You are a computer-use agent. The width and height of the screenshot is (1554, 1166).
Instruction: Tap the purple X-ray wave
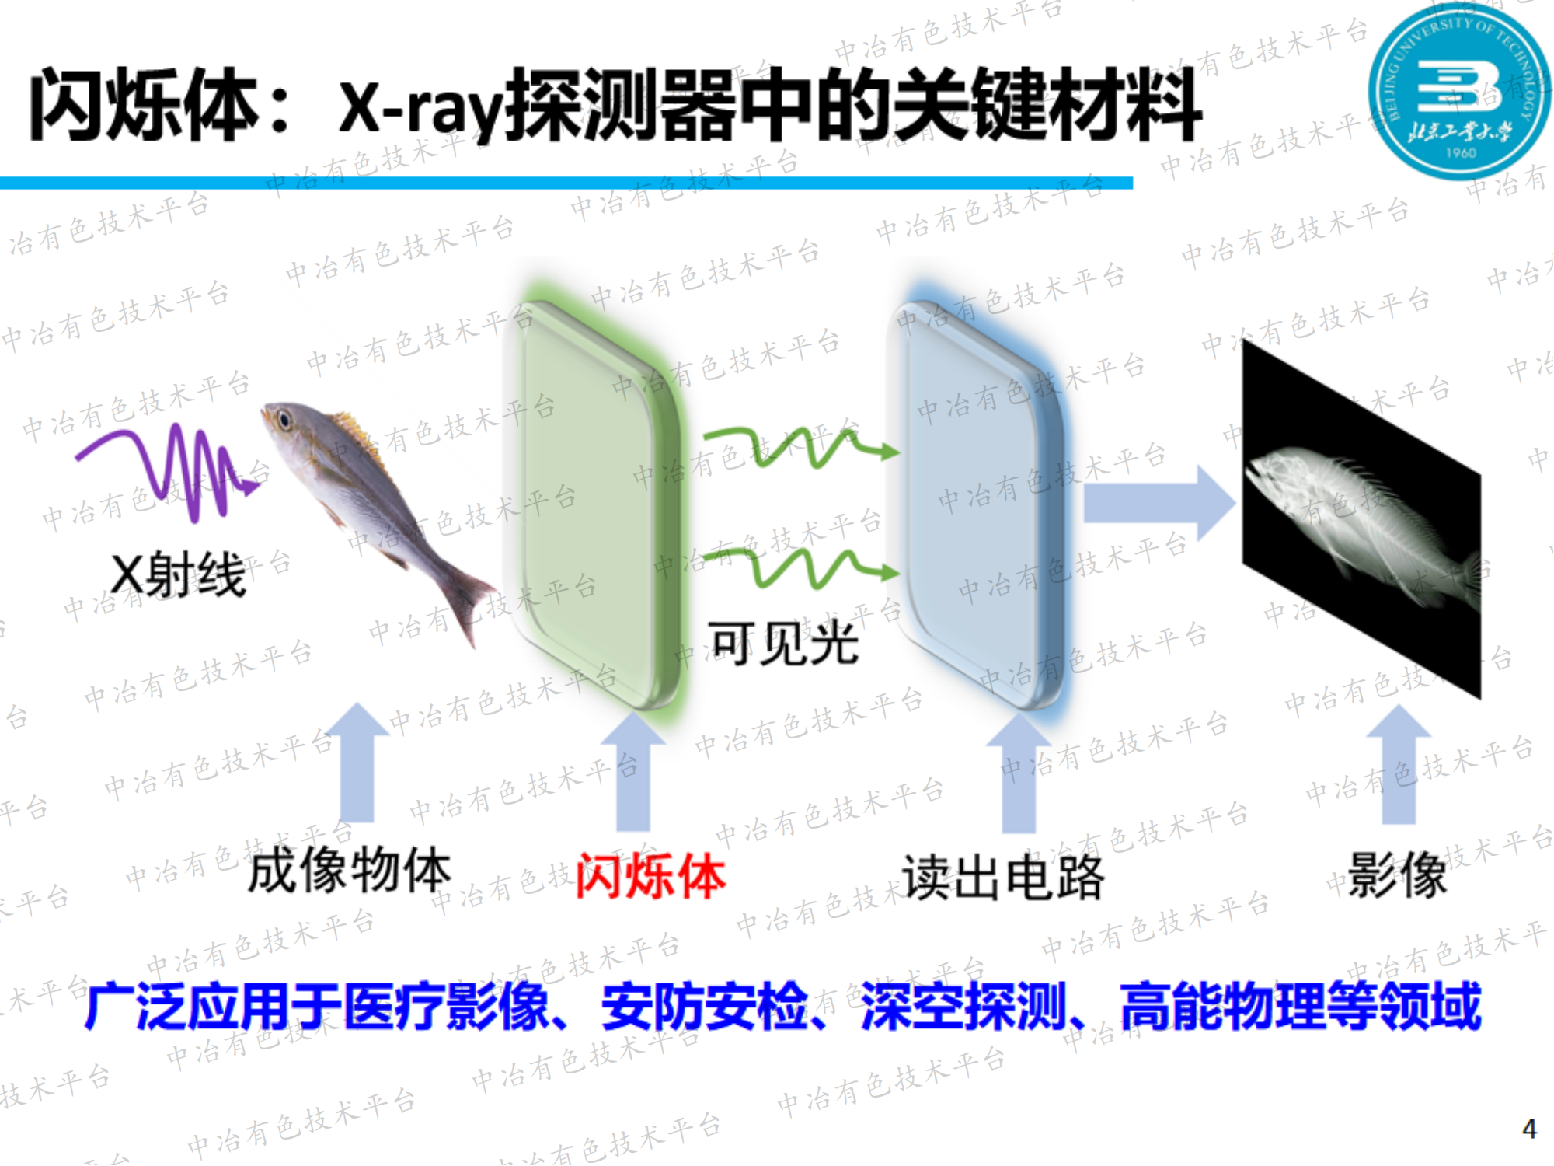tap(167, 470)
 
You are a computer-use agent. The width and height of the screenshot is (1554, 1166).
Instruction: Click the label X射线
tap(178, 575)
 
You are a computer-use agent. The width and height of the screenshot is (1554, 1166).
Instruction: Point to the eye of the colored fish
tap(285, 421)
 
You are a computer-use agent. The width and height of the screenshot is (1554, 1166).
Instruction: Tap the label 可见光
tap(783, 644)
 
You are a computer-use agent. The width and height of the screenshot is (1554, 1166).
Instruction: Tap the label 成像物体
tap(350, 871)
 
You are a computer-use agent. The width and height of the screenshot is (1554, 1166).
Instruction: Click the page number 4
tap(1529, 1128)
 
